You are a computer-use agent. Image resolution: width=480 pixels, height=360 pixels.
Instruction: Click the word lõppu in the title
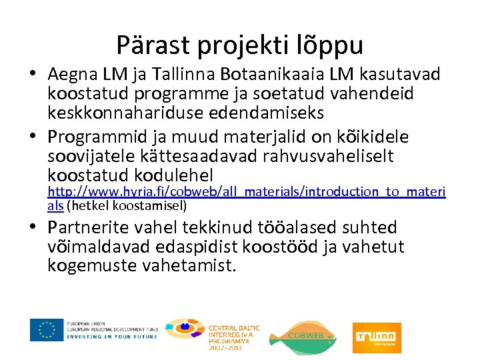(x=331, y=45)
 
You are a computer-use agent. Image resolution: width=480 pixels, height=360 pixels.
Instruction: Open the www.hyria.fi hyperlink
(x=247, y=192)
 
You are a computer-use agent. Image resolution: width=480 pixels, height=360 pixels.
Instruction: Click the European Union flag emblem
(x=47, y=330)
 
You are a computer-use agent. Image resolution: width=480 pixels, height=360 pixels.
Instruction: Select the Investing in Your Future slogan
(x=111, y=337)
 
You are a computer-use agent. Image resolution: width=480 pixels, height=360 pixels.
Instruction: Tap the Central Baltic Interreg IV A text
(x=233, y=333)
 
